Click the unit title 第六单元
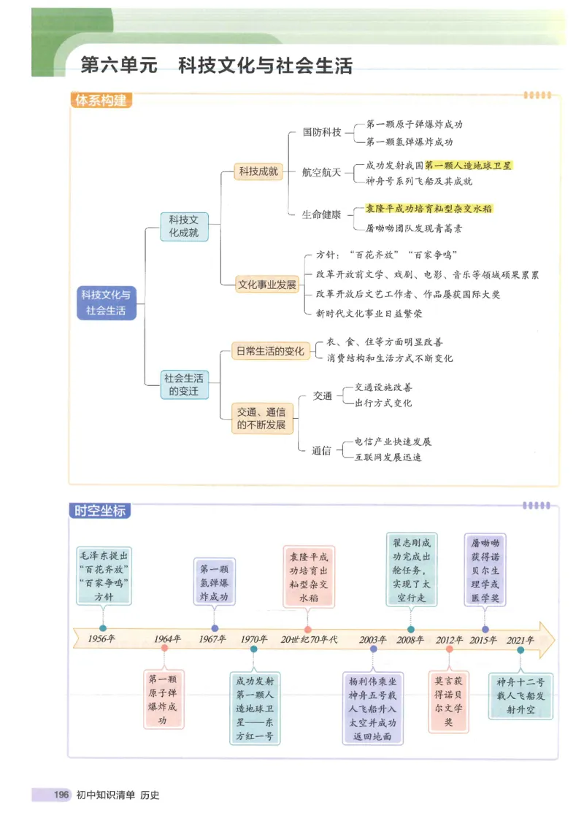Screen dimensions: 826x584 119,66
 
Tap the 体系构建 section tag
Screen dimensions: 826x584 102,101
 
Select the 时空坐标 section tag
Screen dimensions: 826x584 100,510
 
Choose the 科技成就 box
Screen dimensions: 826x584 258,172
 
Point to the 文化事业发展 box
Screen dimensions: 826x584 267,285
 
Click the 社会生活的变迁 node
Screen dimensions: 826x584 184,385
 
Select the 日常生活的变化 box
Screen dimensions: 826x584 269,351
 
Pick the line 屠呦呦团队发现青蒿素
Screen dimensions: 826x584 413,228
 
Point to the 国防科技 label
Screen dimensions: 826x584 322,133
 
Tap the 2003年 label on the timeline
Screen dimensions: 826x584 373,639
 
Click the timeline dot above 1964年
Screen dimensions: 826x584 165,647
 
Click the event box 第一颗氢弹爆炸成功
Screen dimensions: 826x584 214,582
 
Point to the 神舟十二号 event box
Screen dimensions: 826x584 520,695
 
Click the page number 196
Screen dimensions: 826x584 61,795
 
